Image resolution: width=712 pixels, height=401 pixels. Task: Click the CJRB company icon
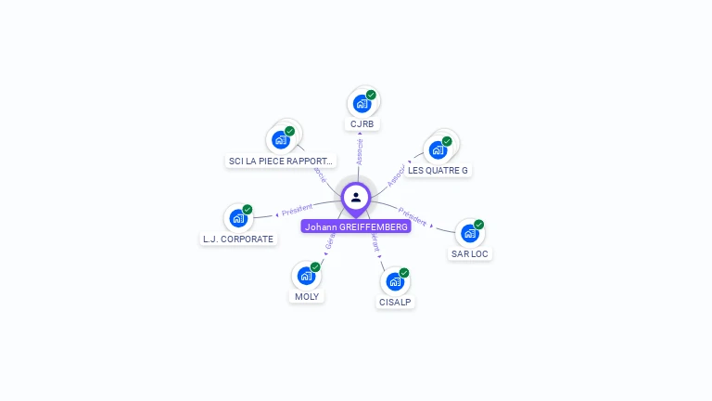[x=362, y=104]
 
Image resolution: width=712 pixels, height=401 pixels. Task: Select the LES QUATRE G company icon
[x=438, y=149]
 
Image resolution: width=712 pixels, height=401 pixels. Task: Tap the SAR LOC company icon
[x=470, y=233]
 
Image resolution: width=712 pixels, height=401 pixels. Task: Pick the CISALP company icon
[x=395, y=281]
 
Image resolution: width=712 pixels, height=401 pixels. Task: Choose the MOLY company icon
[x=306, y=276]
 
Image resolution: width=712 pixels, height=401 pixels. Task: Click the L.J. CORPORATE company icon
[x=238, y=218]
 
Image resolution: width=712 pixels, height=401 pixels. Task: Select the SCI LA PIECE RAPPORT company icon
[x=281, y=140]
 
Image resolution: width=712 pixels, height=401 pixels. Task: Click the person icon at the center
[x=356, y=197]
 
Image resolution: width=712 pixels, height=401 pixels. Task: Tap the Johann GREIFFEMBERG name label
[x=356, y=226]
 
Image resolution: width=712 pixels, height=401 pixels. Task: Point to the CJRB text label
[x=362, y=124]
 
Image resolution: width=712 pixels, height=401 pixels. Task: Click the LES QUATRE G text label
[x=439, y=171]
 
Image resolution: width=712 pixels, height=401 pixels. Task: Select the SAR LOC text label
[x=470, y=253]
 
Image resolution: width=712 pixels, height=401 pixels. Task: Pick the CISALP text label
[x=396, y=302]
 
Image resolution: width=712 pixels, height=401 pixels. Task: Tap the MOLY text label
[x=306, y=296]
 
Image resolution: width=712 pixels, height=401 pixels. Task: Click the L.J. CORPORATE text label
[x=238, y=239]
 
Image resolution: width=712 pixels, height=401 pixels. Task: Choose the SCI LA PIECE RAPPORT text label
[x=281, y=162]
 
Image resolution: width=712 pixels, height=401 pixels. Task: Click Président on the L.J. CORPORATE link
[x=298, y=210]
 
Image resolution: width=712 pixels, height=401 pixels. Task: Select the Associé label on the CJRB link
[x=360, y=151]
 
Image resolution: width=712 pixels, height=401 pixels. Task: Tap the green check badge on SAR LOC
[x=479, y=225]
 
